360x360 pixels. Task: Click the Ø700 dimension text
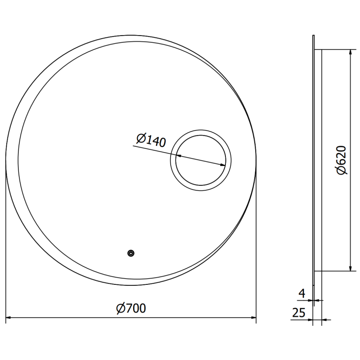tap(131, 308)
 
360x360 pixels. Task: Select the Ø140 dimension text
tap(150, 140)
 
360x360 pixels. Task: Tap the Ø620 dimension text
tap(341, 160)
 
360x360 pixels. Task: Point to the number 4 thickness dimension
tap(302, 294)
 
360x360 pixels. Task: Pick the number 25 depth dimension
tap(299, 312)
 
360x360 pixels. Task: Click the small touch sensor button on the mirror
tap(130, 254)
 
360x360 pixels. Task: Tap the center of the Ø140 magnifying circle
tap(200, 162)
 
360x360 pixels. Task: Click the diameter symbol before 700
tap(120, 308)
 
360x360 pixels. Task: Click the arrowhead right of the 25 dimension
tap(325, 320)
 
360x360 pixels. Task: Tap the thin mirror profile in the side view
tap(314, 157)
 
